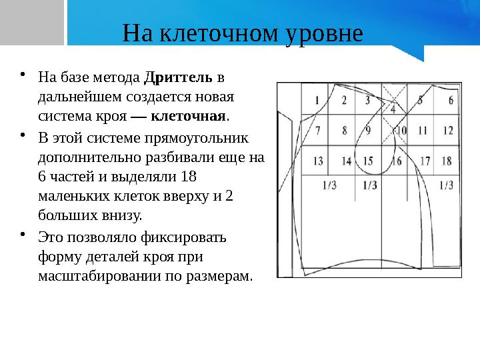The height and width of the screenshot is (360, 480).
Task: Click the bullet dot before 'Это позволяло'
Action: pos(23,235)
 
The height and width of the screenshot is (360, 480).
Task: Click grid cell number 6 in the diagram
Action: pos(451,101)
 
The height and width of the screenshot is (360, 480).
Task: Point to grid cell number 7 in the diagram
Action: pos(317,130)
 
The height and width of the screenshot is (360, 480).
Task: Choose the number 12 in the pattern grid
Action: pos(447,130)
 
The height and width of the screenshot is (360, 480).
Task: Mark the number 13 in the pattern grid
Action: pos(317,161)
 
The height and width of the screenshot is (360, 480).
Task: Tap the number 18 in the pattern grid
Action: pos(446,161)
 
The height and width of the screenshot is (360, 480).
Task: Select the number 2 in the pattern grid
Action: pos(344,101)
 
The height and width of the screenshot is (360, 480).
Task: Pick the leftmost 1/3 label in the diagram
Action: pos(329,186)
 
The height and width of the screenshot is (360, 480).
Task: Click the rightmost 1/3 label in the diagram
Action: pos(445,186)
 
